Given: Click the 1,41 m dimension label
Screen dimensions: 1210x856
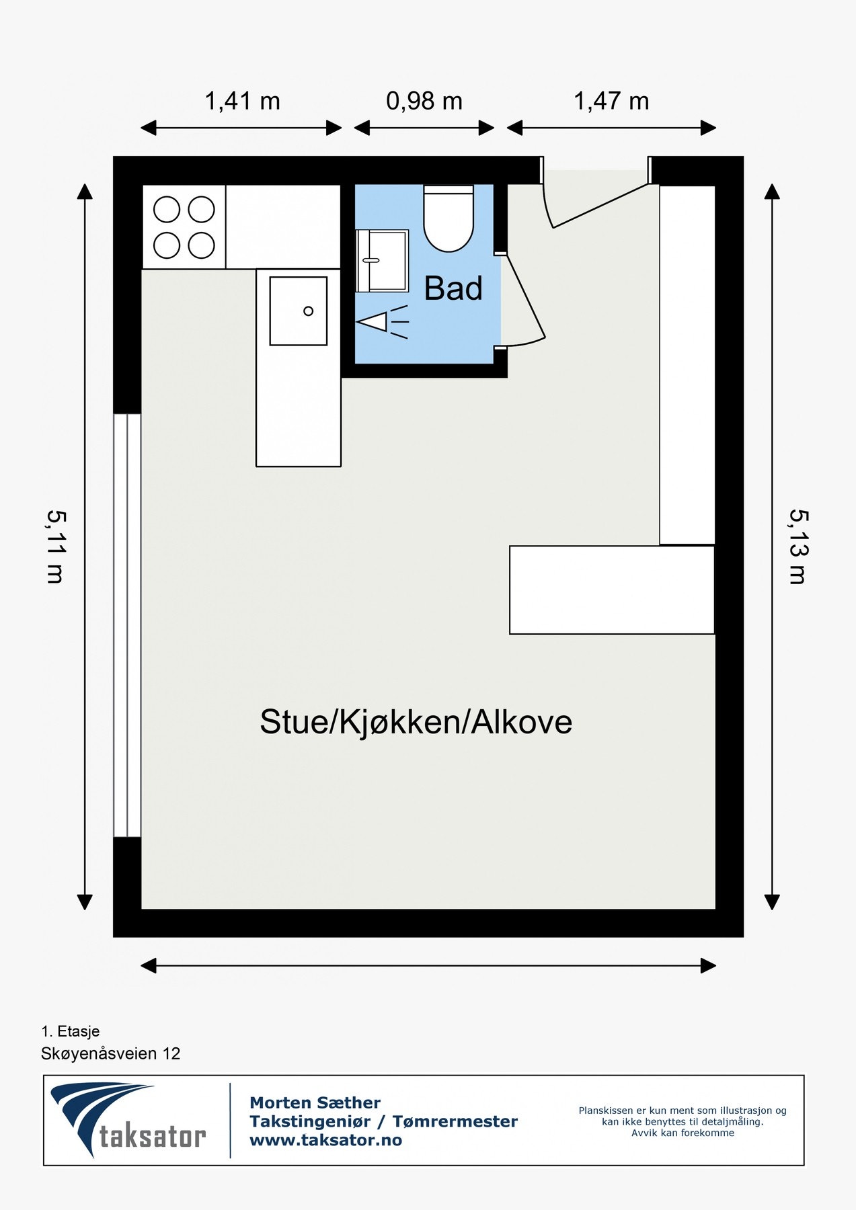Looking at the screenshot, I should click(x=242, y=102).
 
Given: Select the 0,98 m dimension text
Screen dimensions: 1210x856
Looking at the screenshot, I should click(x=424, y=102).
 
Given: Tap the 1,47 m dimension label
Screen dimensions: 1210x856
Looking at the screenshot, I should click(x=611, y=102).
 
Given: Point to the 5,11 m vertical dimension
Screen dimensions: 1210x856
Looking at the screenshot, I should click(x=56, y=547).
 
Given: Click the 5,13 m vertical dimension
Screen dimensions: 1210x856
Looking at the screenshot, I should click(x=799, y=547).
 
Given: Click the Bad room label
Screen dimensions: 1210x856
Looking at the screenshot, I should click(x=453, y=289).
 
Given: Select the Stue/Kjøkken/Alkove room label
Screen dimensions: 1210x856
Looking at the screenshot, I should click(x=416, y=722).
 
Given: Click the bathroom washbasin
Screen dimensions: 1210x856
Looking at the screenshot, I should click(x=383, y=261).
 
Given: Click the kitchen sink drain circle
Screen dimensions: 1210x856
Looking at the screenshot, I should click(x=308, y=311).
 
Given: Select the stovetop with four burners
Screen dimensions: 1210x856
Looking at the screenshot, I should click(x=184, y=227).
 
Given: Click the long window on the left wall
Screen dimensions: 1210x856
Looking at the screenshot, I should click(x=127, y=625).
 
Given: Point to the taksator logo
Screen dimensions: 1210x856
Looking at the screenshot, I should click(x=128, y=1120).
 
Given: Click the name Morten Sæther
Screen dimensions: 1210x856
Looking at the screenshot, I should click(x=315, y=1102).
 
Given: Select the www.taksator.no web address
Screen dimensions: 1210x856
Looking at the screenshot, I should click(x=325, y=1140).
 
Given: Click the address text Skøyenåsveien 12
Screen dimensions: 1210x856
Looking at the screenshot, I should click(x=111, y=1053).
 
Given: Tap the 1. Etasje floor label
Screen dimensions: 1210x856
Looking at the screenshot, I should click(x=71, y=1031).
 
